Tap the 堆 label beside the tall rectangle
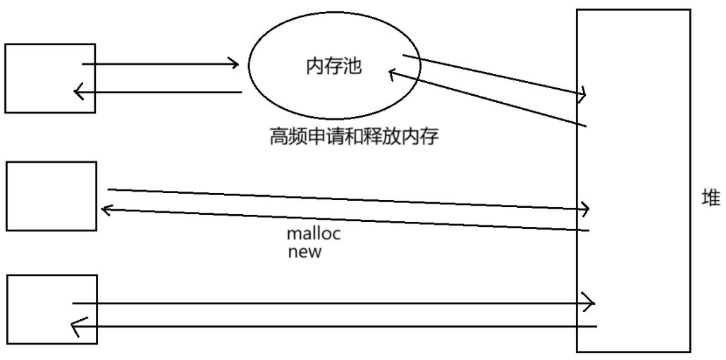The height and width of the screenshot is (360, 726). pyautogui.click(x=709, y=199)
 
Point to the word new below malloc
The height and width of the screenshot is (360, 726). pyautogui.click(x=304, y=252)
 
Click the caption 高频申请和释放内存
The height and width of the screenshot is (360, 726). pyautogui.click(x=355, y=136)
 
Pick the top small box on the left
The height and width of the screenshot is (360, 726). pyautogui.click(x=49, y=77)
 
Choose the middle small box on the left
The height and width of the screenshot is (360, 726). pyautogui.click(x=51, y=195)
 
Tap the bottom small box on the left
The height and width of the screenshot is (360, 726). pyautogui.click(x=51, y=309)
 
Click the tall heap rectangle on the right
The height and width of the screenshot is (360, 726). pyautogui.click(x=632, y=180)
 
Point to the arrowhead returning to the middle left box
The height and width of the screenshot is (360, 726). pyautogui.click(x=106, y=209)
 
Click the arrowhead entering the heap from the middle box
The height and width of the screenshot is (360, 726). pyautogui.click(x=585, y=208)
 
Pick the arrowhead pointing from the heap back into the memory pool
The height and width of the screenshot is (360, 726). pyautogui.click(x=393, y=73)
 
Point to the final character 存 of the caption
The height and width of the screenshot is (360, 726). pyautogui.click(x=431, y=136)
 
